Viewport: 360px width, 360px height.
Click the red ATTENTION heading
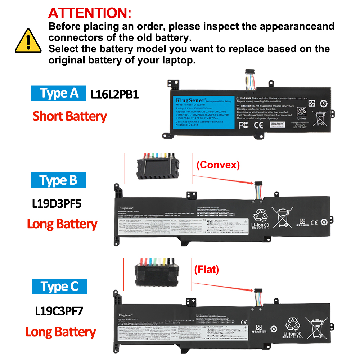coord(90,13)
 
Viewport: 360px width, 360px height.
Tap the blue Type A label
coord(58,93)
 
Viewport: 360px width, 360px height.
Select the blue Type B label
coord(58,180)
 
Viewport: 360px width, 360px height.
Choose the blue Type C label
coord(59,287)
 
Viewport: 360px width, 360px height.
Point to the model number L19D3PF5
coord(57,204)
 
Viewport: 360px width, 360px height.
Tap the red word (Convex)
coord(218,165)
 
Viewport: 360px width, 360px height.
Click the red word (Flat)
coord(206,269)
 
